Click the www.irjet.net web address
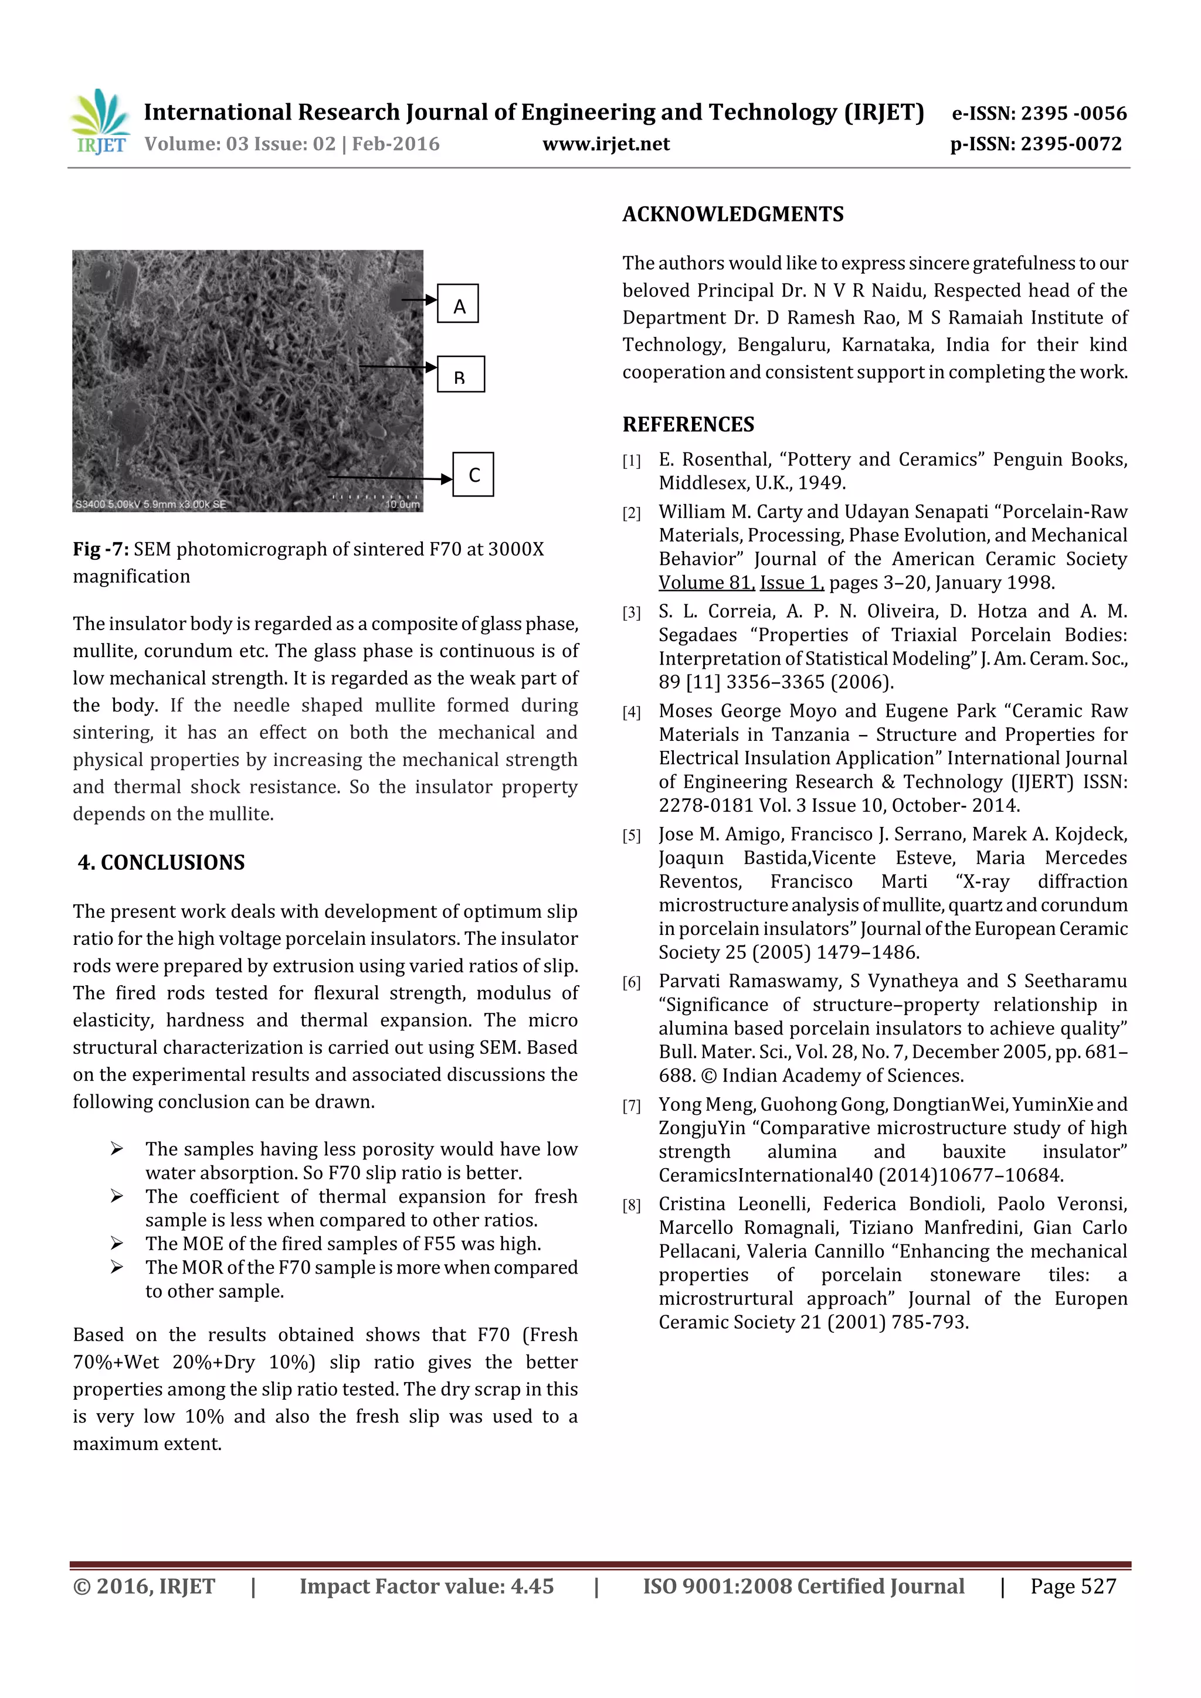[605, 144]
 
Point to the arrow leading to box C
[388, 478]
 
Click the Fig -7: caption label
[101, 549]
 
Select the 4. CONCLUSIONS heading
[161, 862]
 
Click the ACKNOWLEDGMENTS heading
[732, 215]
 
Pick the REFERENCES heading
[688, 424]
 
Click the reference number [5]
[631, 836]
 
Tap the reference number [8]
[631, 1206]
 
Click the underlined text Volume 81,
[706, 583]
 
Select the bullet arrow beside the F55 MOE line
[117, 1244]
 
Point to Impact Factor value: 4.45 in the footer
[426, 1586]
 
